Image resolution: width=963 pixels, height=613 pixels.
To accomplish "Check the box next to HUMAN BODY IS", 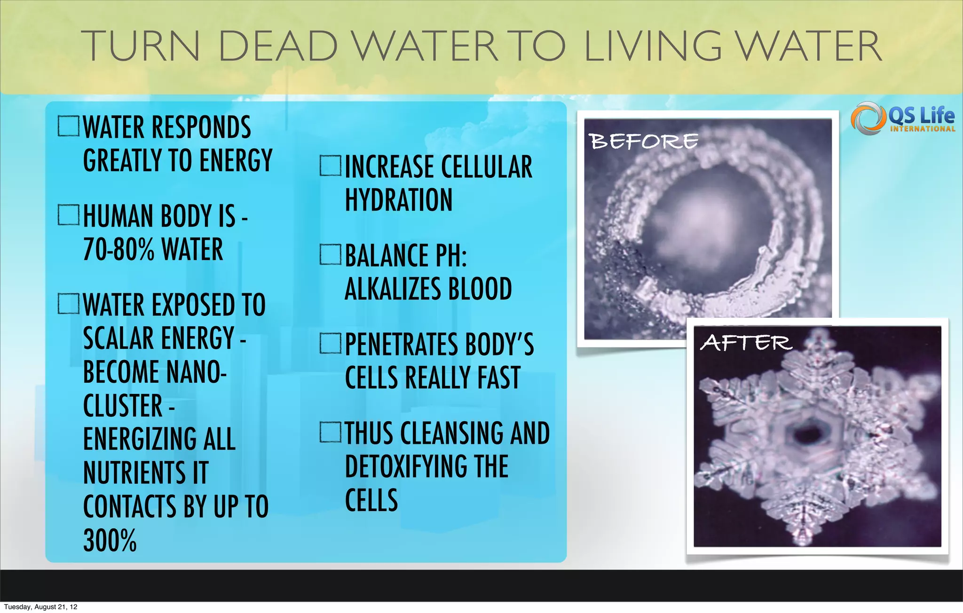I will (x=69, y=215).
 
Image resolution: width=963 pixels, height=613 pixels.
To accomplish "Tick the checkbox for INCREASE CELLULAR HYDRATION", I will (x=330, y=166).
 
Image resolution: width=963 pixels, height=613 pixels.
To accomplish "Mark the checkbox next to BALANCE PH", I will (x=330, y=254).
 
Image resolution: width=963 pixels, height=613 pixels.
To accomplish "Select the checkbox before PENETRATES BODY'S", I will (x=330, y=343).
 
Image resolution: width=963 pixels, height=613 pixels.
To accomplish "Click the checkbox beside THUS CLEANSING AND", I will (x=330, y=432).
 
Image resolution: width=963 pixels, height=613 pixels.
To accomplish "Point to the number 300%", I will (x=110, y=541).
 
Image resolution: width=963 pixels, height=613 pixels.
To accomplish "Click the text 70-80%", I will (x=118, y=249).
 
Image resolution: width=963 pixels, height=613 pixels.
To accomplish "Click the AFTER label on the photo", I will (x=746, y=342).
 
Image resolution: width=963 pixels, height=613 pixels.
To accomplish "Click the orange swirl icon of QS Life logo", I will (x=866, y=118).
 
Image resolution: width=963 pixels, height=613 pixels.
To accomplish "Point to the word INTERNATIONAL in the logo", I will (x=922, y=129).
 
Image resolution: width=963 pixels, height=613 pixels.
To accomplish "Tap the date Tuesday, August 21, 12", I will (x=40, y=607).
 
